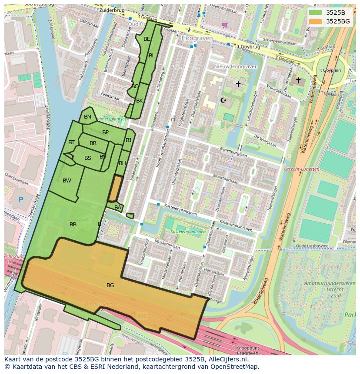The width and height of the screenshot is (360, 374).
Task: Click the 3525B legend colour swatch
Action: [315, 13]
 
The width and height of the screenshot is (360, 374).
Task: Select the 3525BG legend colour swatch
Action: [315, 21]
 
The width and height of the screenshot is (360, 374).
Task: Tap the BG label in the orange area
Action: [110, 285]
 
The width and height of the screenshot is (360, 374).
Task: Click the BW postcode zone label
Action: [67, 181]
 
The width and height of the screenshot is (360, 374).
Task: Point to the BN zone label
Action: [87, 117]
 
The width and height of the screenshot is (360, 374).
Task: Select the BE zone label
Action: [147, 39]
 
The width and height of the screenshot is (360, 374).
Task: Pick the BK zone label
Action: [140, 101]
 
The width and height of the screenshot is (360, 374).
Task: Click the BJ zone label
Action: [128, 140]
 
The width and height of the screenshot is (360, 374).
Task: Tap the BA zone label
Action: [118, 208]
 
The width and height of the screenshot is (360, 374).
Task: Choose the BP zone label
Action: [105, 132]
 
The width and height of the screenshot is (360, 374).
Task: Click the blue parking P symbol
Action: [21, 200]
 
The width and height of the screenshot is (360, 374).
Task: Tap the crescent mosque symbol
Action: [224, 100]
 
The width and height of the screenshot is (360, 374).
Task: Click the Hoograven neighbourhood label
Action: [197, 38]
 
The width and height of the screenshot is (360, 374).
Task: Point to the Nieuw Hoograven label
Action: [236, 66]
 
